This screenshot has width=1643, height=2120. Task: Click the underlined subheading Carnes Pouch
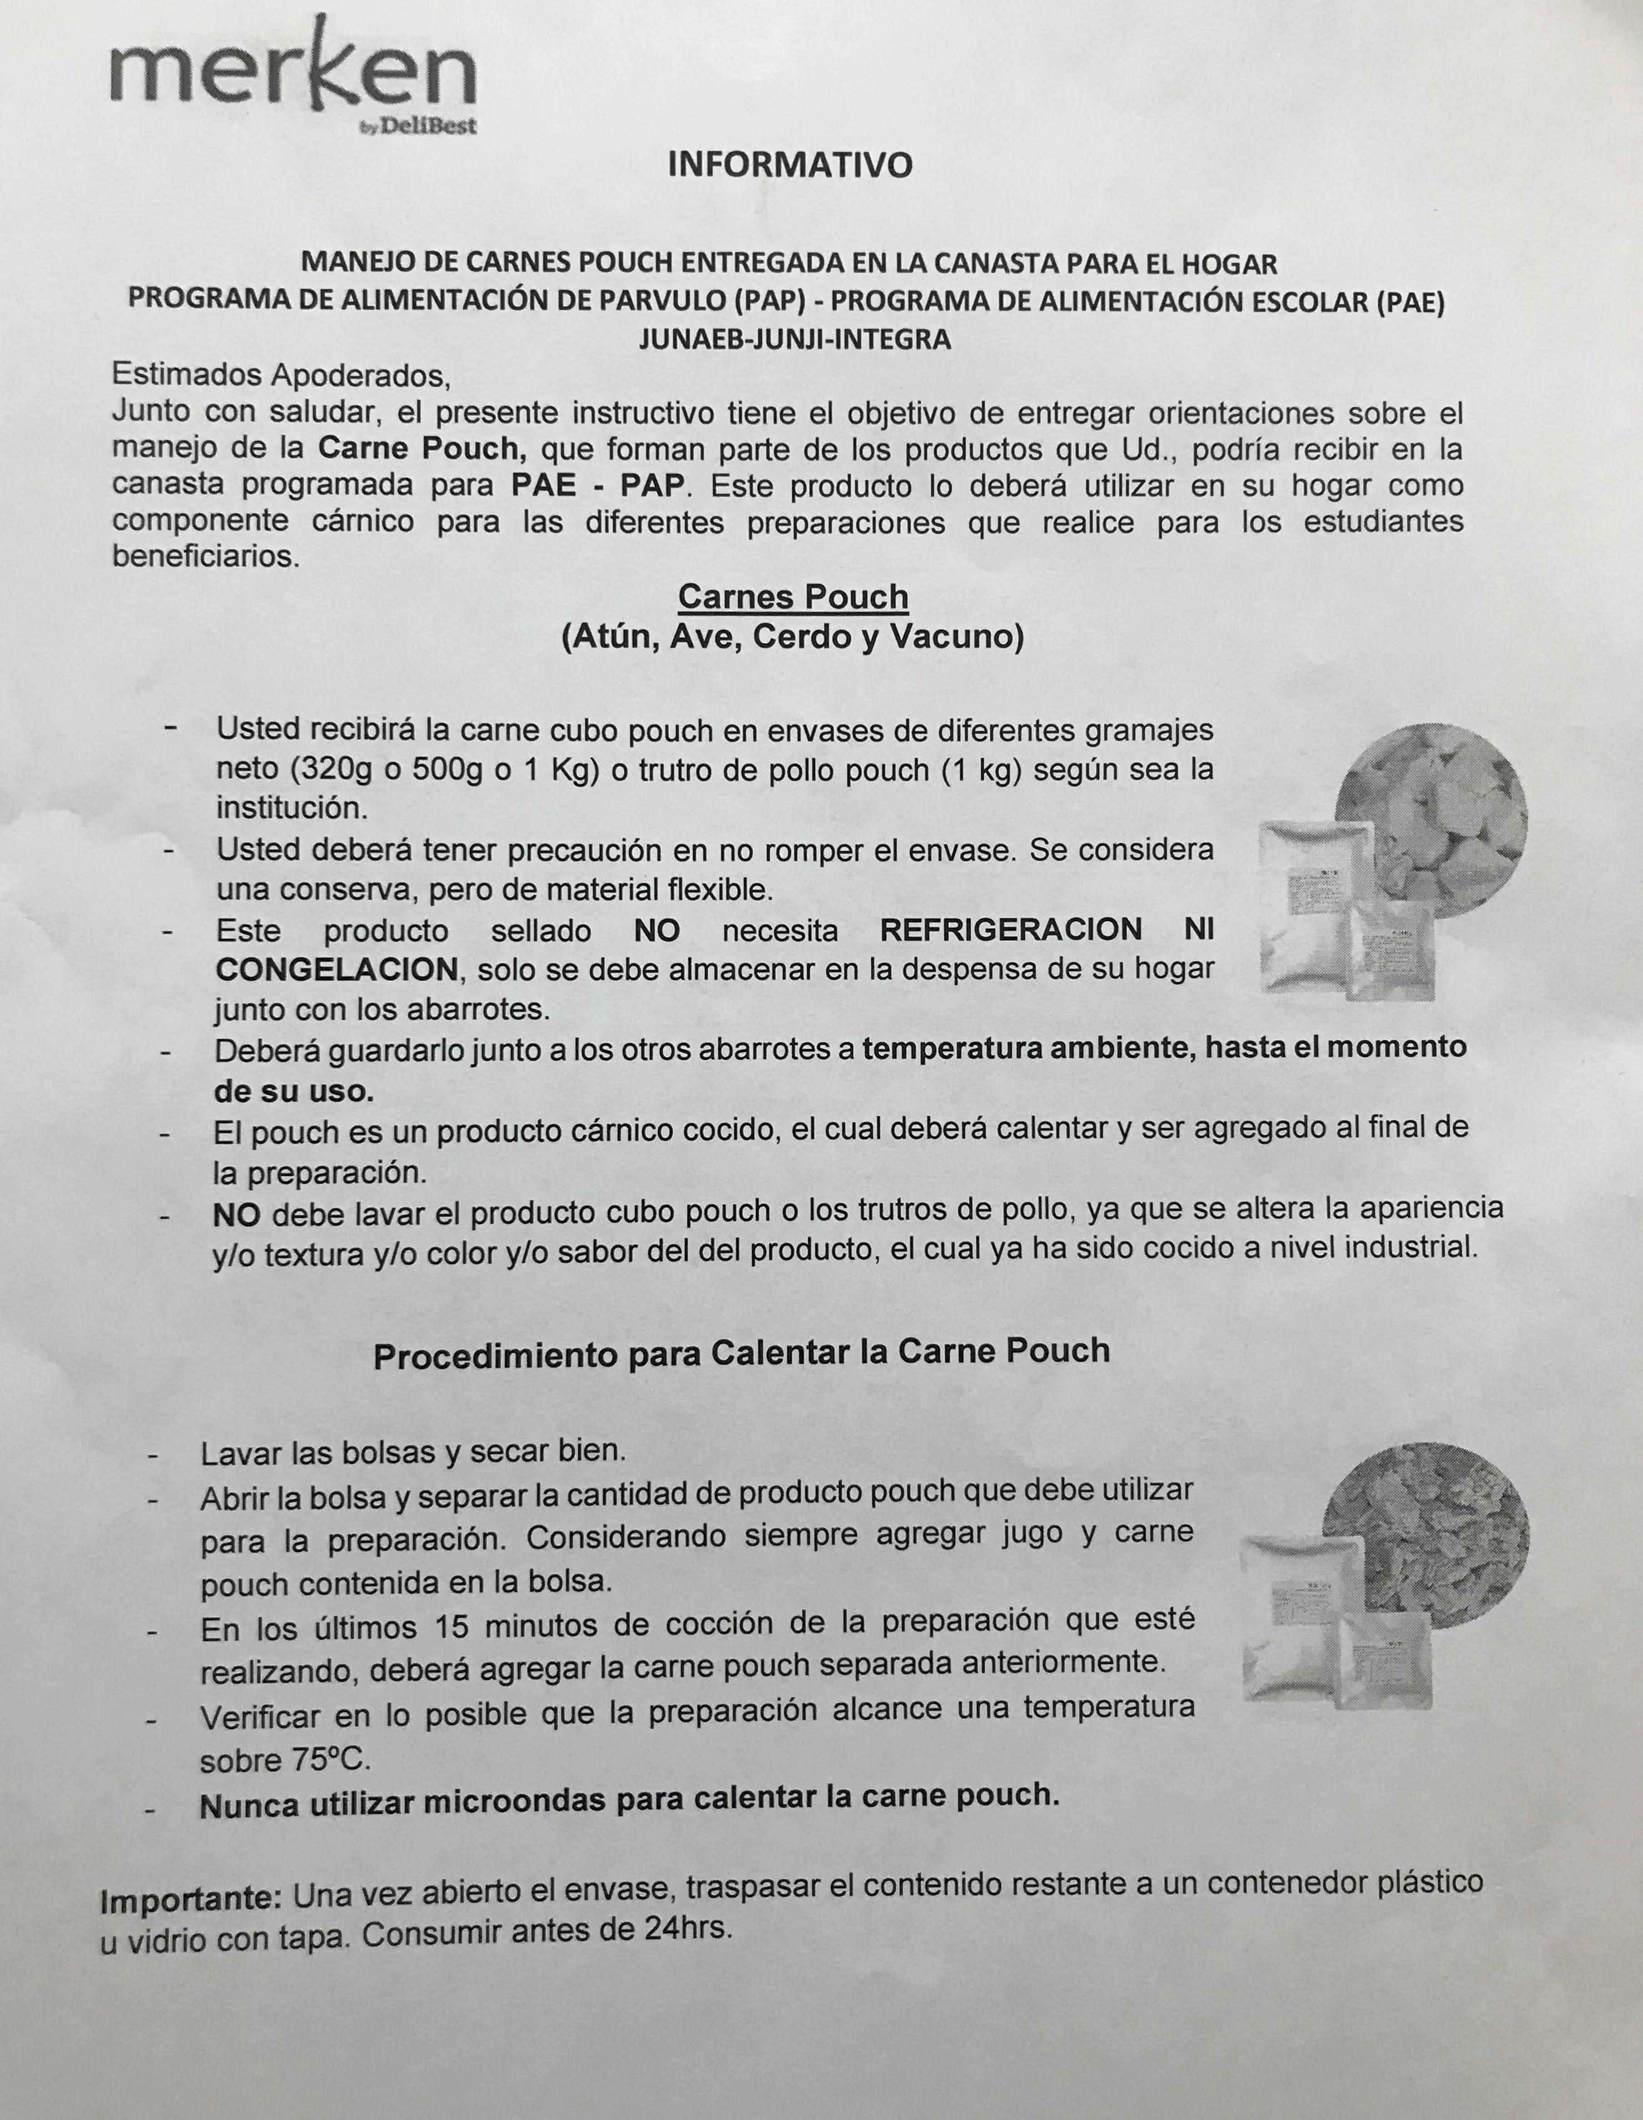(x=793, y=596)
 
